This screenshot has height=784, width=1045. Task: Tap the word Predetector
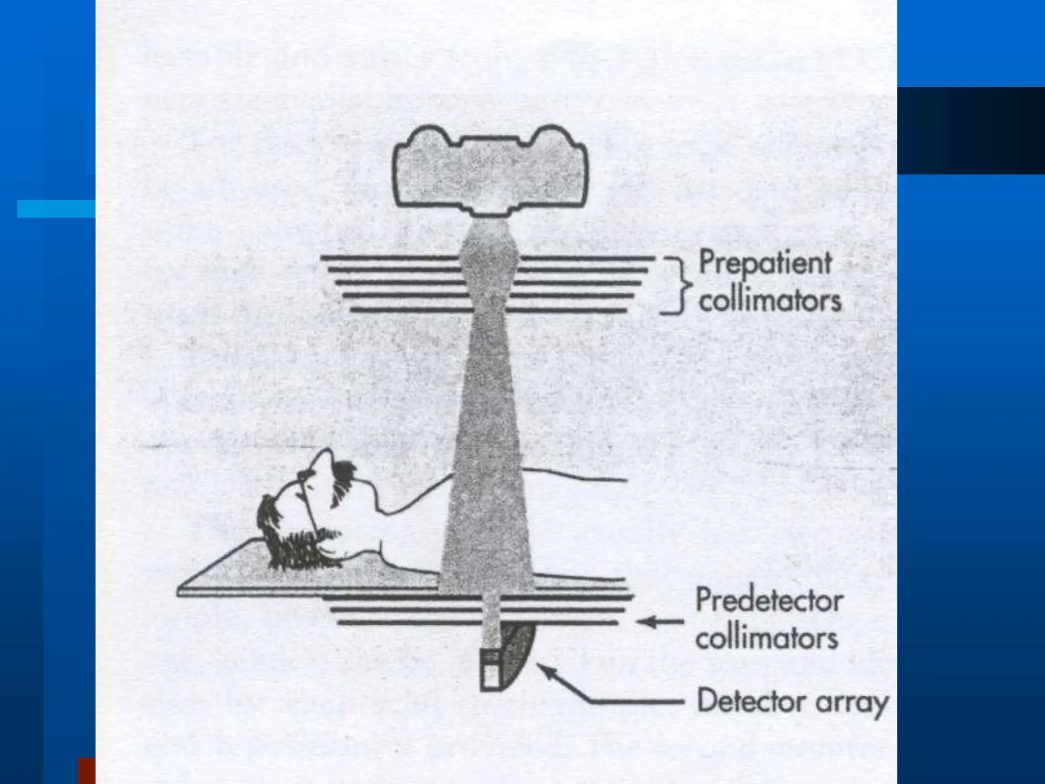click(x=769, y=600)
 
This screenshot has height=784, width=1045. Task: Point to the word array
click(x=852, y=703)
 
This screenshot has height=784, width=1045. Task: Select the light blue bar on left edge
click(x=56, y=209)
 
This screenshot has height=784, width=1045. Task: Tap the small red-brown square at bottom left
click(x=87, y=771)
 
